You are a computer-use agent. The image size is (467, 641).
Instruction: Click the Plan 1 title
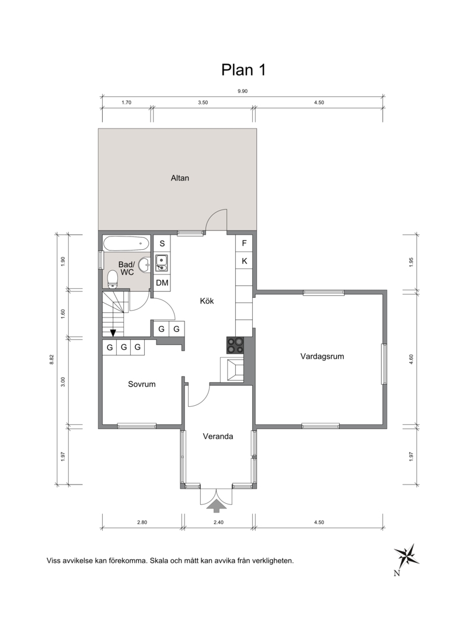coord(244,70)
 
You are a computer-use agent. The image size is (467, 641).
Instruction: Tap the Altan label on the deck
coord(180,178)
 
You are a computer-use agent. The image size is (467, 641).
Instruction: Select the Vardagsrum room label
coord(322,357)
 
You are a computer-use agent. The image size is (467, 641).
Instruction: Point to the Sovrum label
coord(141,384)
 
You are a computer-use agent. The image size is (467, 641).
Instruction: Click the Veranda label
coord(218,436)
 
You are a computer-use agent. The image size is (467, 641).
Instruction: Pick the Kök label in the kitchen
coord(207,301)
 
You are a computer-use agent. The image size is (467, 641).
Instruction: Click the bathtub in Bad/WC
coord(126,244)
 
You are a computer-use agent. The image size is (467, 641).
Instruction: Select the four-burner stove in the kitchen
coord(235,345)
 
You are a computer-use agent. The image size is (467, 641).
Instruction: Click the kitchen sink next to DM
coord(162,263)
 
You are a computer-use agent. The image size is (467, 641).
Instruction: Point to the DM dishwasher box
coord(162,283)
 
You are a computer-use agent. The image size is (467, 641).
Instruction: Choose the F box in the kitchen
coord(245,243)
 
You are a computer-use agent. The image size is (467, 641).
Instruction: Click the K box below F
coord(245,261)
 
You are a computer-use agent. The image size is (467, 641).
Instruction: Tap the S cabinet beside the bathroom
coord(162,243)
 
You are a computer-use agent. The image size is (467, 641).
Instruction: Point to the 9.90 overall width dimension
coord(242,91)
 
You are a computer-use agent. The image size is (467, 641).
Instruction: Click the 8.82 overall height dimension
coord(51,360)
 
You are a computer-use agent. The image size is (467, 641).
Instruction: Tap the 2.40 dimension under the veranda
coord(219,522)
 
